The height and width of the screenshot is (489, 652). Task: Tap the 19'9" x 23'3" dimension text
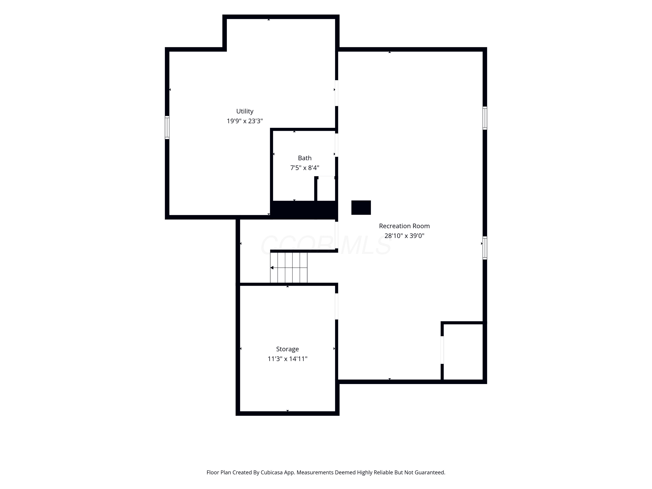245,121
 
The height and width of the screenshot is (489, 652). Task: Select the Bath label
304,158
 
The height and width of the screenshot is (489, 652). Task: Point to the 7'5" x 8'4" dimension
304,168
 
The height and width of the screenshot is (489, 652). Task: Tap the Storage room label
287,349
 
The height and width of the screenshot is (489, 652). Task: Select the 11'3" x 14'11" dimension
287,359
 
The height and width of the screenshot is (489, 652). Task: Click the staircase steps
289,268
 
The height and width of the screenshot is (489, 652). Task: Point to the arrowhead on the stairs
272,268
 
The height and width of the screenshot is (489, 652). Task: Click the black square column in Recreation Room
361,208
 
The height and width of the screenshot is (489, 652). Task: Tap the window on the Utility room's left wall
167,127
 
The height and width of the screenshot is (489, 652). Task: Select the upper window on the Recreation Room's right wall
485,118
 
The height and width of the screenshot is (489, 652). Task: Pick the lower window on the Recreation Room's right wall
485,248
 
